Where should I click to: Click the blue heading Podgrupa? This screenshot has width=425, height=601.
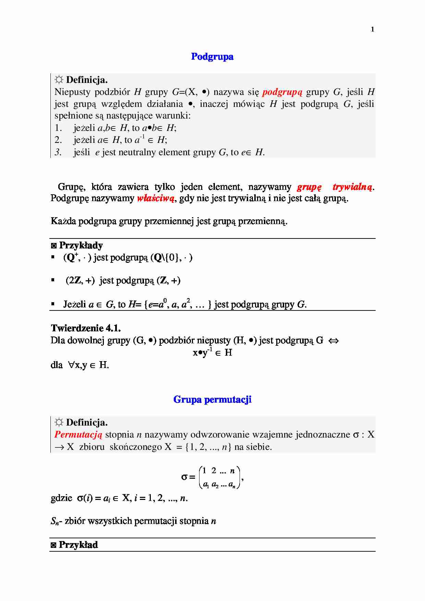tap(212, 57)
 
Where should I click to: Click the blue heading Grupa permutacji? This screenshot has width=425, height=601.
tap(212, 400)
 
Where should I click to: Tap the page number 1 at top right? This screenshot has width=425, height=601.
tap(372, 29)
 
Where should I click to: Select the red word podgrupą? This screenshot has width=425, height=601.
tap(282, 92)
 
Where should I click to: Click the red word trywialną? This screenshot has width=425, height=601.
tap(352, 187)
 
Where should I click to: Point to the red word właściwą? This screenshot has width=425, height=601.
tap(156, 198)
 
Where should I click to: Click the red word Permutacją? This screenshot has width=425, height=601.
tap(78, 435)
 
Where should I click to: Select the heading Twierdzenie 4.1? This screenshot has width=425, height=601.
tap(86, 328)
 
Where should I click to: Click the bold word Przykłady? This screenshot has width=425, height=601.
tap(81, 245)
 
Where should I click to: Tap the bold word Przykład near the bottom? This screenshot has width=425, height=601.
tap(78, 545)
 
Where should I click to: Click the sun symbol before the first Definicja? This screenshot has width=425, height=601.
tap(59, 80)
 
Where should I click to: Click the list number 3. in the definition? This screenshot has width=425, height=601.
tap(58, 152)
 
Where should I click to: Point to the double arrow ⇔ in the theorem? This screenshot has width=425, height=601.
tap(333, 341)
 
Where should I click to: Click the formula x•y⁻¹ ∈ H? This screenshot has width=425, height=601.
tap(212, 352)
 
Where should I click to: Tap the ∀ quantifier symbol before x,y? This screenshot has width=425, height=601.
tap(71, 365)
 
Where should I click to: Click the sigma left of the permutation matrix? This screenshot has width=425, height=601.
tap(184, 477)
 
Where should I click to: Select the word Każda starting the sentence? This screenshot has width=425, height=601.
tap(63, 221)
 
